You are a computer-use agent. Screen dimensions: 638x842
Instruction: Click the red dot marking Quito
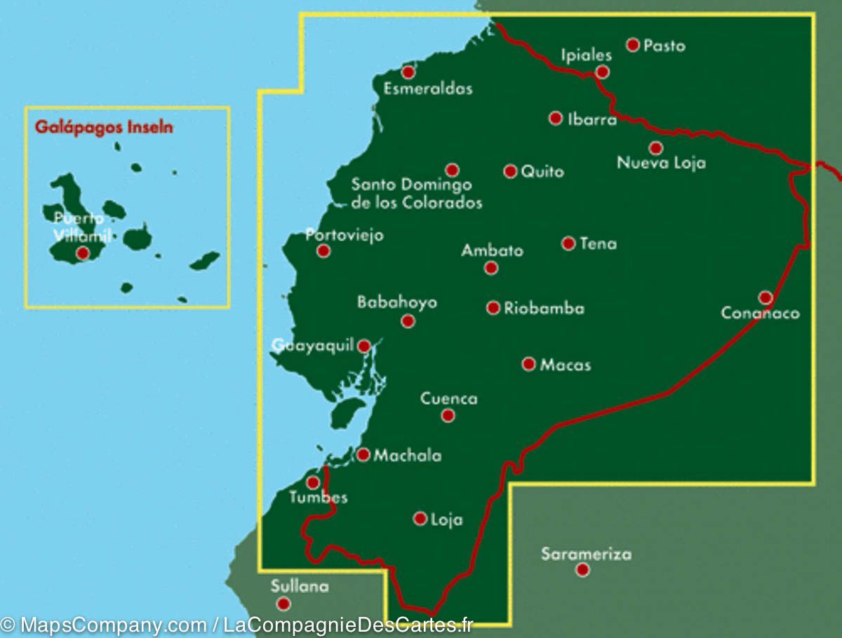pyautogui.click(x=510, y=171)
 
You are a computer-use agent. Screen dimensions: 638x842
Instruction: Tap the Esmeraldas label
pyautogui.click(x=427, y=89)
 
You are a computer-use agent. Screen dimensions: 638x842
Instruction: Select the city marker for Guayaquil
pyautogui.click(x=364, y=346)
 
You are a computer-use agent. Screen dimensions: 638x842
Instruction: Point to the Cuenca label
pyautogui.click(x=448, y=399)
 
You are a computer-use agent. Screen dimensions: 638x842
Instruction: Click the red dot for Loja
pyautogui.click(x=420, y=519)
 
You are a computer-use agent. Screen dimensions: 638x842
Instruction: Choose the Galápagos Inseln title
pyautogui.click(x=104, y=127)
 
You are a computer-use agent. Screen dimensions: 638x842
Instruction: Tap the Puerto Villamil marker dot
pyautogui.click(x=83, y=253)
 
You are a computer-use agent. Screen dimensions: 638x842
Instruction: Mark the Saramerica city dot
pyautogui.click(x=582, y=570)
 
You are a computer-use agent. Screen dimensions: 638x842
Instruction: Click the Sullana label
pyautogui.click(x=300, y=587)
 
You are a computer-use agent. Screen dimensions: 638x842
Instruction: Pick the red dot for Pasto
pyautogui.click(x=633, y=45)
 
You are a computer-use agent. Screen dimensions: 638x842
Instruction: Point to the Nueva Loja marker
pyautogui.click(x=655, y=148)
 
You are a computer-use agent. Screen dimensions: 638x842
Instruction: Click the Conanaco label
pyautogui.click(x=760, y=313)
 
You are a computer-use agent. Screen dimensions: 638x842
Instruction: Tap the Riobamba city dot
pyautogui.click(x=493, y=308)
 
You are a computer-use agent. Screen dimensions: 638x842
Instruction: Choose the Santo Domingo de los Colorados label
pyautogui.click(x=416, y=194)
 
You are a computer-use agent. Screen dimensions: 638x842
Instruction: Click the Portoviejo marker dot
pyautogui.click(x=323, y=250)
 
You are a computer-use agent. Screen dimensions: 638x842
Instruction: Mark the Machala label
pyautogui.click(x=407, y=456)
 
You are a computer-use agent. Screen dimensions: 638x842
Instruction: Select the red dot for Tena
pyautogui.click(x=568, y=243)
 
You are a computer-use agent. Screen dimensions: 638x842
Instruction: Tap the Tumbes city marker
pyautogui.click(x=313, y=482)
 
